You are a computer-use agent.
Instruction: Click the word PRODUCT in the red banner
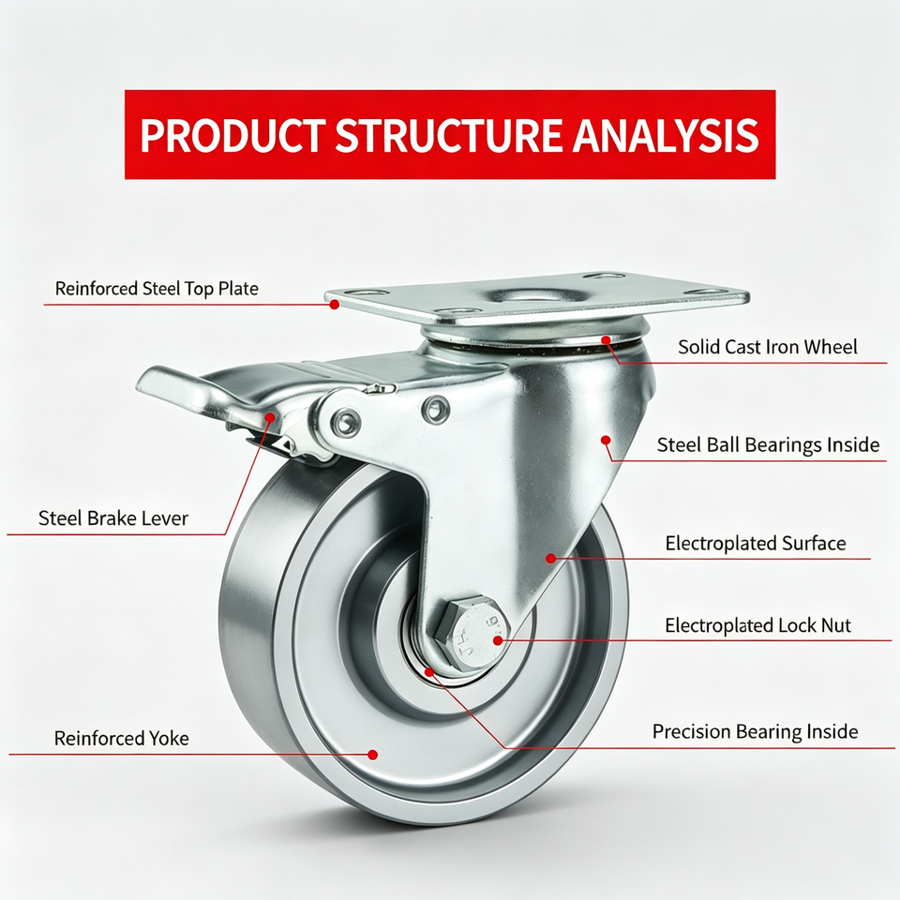pos(232,135)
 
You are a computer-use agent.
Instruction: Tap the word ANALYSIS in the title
pos(666,135)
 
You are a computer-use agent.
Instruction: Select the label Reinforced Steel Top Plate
pos(157,288)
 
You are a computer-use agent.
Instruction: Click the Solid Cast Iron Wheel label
pos(768,347)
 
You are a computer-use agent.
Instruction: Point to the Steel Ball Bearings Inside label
pos(768,444)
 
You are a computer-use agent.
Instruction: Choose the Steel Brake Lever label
pos(113,518)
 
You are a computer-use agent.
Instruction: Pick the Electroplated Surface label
pos(756,543)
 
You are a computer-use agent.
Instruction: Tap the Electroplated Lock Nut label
pos(757,625)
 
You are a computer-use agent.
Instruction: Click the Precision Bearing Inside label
pos(756,732)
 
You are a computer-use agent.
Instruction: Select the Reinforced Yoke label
pos(121,738)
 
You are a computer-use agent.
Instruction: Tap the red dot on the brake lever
pos(270,417)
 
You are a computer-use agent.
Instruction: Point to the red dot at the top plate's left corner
pos(334,306)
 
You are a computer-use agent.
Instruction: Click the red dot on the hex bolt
pos(498,640)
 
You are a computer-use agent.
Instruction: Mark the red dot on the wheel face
pos(372,755)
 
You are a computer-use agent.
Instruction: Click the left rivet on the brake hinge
pos(346,423)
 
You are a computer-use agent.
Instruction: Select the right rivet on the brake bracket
pos(436,410)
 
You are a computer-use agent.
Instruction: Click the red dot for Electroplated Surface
pos(551,558)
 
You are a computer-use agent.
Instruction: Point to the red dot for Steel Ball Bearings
pos(606,441)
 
